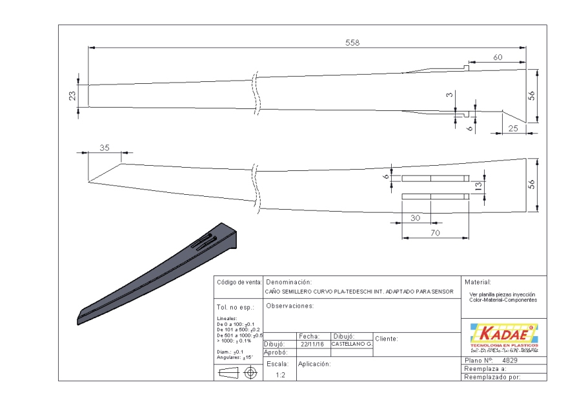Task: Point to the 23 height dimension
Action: pos(72,95)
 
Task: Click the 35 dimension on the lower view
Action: pos(104,147)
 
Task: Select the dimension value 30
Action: pos(416,218)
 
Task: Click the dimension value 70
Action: pos(435,233)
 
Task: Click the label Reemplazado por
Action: pos(492,377)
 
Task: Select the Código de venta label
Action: pos(239,283)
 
